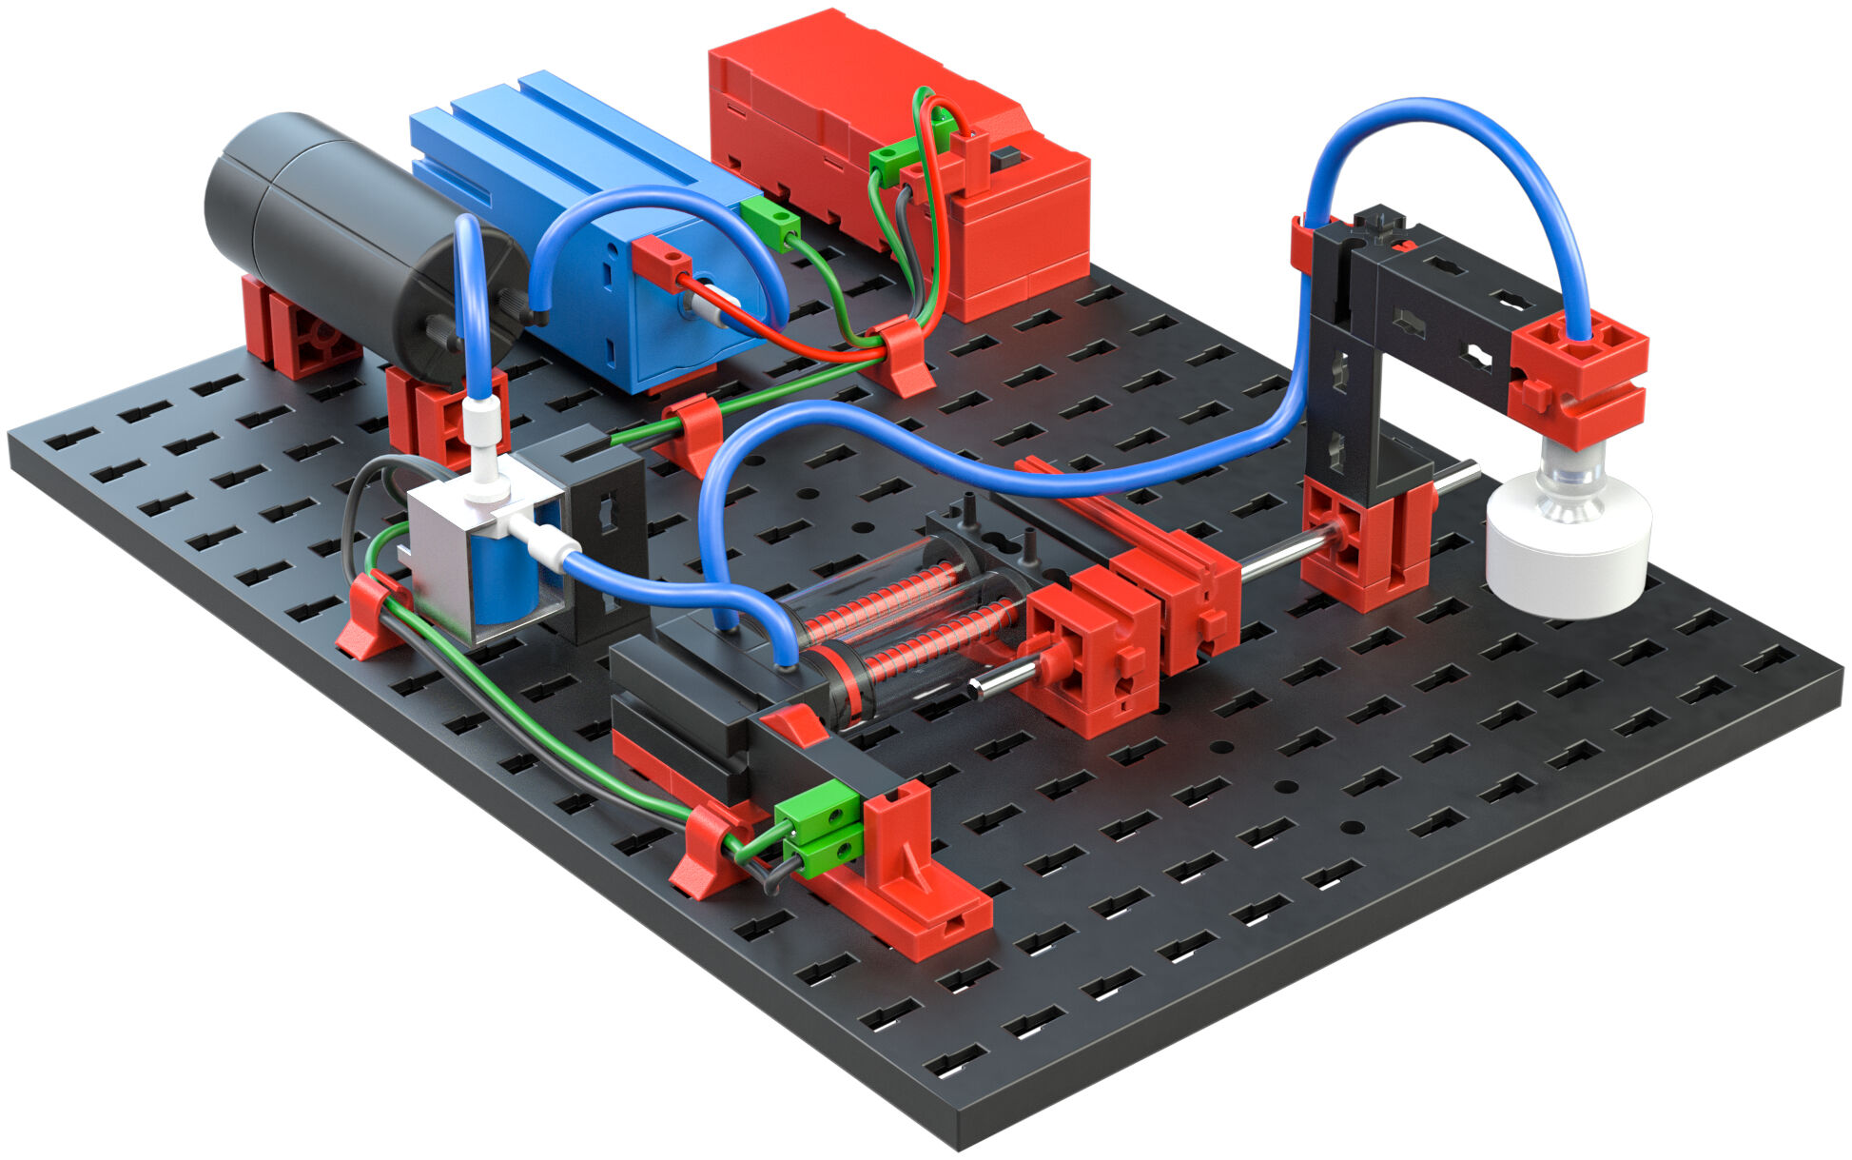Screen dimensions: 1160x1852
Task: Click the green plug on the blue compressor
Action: pyautogui.click(x=770, y=222)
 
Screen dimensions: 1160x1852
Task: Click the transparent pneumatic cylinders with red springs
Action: pyautogui.click(x=904, y=619)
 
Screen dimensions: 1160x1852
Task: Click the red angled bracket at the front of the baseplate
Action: pyautogui.click(x=913, y=885)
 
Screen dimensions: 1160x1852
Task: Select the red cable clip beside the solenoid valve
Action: pyautogui.click(x=371, y=619)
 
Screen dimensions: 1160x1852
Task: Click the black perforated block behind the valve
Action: pyautogui.click(x=604, y=533)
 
